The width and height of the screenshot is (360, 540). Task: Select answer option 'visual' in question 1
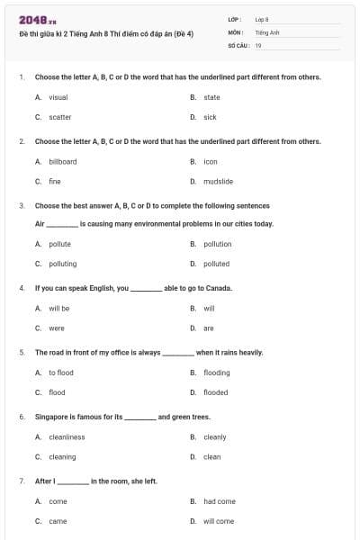[58, 97]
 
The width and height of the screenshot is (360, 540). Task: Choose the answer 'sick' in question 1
[210, 117]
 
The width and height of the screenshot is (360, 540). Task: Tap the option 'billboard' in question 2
[63, 162]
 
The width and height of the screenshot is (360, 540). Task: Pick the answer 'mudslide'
[218, 182]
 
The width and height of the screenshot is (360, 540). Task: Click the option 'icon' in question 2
[211, 162]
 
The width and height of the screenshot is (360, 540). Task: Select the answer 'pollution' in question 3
[217, 244]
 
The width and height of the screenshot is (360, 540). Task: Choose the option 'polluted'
[216, 264]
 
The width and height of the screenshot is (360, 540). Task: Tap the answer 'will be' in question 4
[59, 309]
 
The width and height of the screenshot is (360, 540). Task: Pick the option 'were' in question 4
[57, 328]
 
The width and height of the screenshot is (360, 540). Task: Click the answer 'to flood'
[61, 373]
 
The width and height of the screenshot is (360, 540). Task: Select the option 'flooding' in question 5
[216, 373]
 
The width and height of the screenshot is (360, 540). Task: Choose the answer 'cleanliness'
[67, 437]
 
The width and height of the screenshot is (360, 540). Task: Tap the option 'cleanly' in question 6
[214, 437]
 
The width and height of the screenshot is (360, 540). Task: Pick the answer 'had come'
[220, 501]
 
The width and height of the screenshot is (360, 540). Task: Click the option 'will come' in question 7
[219, 521]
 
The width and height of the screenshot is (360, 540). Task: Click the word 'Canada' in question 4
[220, 288]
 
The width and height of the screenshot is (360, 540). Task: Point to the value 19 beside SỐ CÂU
[258, 45]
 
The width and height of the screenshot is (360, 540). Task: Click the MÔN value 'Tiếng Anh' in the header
[264, 31]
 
